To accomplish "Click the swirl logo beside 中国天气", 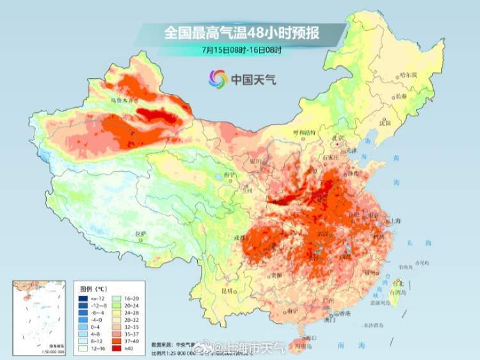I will pos(218,79).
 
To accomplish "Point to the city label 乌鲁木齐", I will pos(122,101).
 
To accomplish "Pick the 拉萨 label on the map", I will pos(141,234).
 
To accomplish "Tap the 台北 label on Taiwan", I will pos(398,282).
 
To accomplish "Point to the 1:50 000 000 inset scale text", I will pos(52,352).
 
